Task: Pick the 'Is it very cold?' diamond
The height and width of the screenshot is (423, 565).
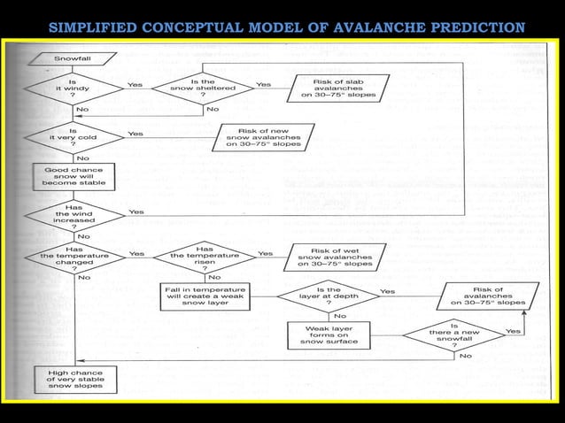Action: tap(72, 137)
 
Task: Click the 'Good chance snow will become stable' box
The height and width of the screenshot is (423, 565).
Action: tap(73, 175)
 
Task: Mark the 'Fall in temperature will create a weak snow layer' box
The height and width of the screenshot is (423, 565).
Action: tap(205, 296)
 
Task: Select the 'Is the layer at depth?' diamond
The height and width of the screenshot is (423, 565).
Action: tap(328, 296)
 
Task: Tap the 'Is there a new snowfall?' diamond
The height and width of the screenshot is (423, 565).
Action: tap(453, 335)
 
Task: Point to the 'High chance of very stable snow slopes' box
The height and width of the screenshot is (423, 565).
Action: tap(74, 380)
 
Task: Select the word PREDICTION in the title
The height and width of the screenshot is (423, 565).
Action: tap(477, 27)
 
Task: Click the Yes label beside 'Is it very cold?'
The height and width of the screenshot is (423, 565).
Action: tap(135, 134)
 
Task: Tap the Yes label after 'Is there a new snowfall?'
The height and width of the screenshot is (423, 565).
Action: tap(513, 330)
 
